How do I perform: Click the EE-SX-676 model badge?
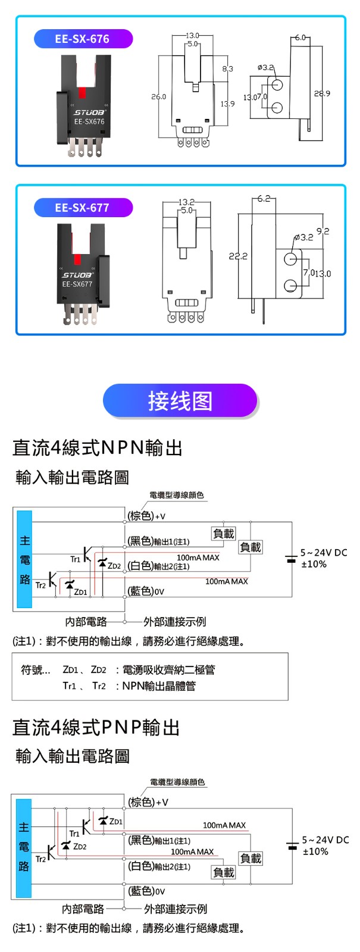(82, 39)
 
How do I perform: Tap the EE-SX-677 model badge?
(82, 208)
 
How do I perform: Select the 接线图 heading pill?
(180, 400)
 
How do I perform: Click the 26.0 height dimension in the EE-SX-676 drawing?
(159, 96)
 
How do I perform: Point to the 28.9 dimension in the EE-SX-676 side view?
(322, 94)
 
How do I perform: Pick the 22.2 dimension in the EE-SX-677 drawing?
(238, 256)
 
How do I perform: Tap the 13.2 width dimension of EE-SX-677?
(186, 202)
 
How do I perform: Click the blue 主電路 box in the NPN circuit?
(24, 559)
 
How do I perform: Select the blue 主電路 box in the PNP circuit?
(24, 847)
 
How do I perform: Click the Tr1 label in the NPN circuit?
(75, 559)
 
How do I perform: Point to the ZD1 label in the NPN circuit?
(80, 592)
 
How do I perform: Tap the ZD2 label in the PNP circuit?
(80, 846)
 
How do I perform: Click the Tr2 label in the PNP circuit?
(40, 859)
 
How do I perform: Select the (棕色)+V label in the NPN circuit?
(147, 516)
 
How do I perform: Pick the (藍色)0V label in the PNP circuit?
(147, 891)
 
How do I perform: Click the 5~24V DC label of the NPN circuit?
(323, 553)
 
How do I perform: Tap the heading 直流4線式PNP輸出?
(96, 727)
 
